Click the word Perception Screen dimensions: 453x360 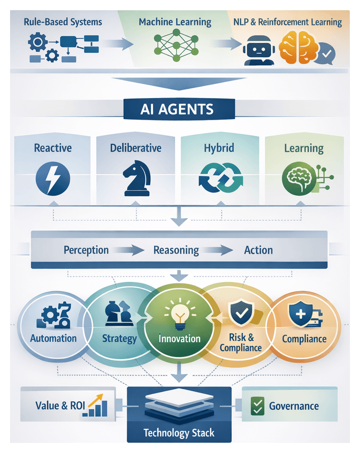point(86,250)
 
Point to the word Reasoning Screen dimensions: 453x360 point(176,250)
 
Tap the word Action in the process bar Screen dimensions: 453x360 point(258,250)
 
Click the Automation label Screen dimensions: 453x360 point(53,338)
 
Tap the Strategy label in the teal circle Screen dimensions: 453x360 point(119,338)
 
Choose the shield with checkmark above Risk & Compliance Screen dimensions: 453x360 point(240,314)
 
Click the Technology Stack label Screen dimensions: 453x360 point(179,432)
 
